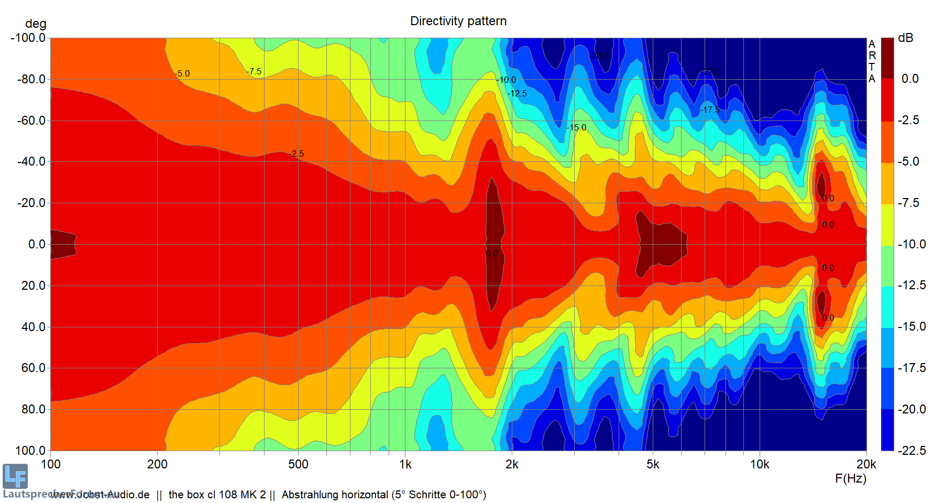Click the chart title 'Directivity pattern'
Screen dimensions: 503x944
[x=458, y=21]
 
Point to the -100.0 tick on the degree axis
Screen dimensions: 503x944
[x=28, y=38]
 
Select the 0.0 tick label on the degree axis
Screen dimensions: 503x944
[x=37, y=244]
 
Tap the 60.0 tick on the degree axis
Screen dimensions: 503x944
[x=34, y=368]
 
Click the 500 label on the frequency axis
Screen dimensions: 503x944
[x=298, y=464]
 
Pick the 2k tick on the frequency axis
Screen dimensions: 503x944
[x=512, y=464]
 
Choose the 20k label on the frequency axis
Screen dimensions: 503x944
[x=866, y=464]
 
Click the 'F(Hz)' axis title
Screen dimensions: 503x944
[x=851, y=478]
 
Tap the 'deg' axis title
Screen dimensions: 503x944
[x=36, y=24]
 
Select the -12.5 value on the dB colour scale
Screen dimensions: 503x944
[x=912, y=285]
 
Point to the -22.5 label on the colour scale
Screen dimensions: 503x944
[x=912, y=451]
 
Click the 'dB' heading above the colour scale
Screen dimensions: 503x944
[x=905, y=38]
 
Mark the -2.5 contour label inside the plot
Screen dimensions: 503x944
[x=296, y=154]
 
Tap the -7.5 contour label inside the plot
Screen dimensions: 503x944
[x=254, y=71]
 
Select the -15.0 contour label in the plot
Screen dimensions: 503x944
[x=576, y=127]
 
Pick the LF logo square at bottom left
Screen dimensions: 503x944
[x=15, y=476]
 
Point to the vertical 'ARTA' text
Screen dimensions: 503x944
[x=872, y=61]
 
